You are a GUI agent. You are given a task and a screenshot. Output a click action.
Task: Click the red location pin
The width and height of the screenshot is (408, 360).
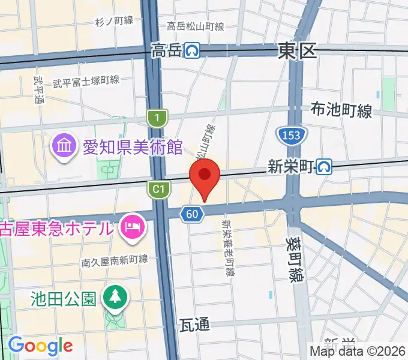204,177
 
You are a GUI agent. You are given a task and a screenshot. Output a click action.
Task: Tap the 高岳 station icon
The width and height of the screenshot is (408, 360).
192,50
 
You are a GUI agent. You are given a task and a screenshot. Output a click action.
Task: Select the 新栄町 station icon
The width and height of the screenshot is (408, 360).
325,167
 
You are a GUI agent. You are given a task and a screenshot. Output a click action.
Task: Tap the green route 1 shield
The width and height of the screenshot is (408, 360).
156,118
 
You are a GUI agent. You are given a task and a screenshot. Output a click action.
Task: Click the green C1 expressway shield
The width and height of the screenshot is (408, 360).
157,190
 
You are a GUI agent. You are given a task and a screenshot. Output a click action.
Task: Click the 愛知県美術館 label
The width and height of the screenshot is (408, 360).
132,146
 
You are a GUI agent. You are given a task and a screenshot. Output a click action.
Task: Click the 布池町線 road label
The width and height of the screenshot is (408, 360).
341,110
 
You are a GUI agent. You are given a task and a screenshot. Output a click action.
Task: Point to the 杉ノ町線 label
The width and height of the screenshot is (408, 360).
114,22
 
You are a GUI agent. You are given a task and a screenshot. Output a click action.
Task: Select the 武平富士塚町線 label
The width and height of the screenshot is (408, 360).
86,80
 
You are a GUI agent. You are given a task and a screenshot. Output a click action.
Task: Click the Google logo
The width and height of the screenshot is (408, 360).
40,346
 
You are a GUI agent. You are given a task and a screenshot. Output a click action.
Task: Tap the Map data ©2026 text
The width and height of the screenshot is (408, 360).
358,351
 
